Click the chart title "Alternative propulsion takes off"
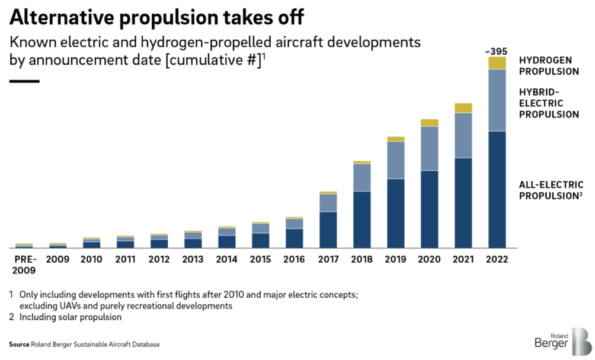click(156, 17)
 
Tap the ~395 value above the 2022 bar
click(497, 50)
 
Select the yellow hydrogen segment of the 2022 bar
click(497, 62)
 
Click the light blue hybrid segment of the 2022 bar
click(497, 100)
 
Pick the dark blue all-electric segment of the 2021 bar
click(463, 202)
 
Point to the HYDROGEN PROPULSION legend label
click(549, 66)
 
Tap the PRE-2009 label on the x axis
click(24, 265)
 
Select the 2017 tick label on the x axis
click(328, 260)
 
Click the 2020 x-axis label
click(429, 260)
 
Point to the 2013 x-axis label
click(193, 260)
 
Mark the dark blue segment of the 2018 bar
click(362, 219)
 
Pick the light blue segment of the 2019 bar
click(395, 160)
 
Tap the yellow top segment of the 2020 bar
click(429, 123)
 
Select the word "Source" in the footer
click(19, 345)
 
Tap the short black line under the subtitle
click(24, 80)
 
